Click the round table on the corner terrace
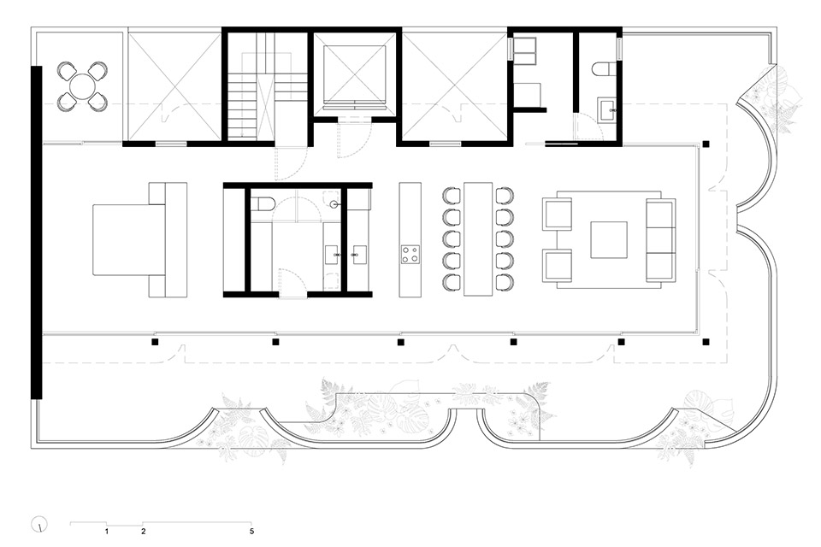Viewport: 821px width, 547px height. coord(83,86)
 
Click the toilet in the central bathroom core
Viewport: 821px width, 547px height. coord(263,204)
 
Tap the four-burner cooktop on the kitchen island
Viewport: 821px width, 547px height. coord(410,254)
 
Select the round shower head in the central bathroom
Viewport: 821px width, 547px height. coord(337,205)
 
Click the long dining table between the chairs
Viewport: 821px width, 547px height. coord(477,238)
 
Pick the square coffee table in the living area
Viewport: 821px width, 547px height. coord(610,239)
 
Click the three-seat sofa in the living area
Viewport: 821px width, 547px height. coord(661,239)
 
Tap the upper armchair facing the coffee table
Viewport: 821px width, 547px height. coord(558,214)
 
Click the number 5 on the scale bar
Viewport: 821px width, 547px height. coord(251,531)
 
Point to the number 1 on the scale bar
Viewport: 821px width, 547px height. coord(106,531)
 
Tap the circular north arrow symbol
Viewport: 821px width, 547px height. coord(38,523)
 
